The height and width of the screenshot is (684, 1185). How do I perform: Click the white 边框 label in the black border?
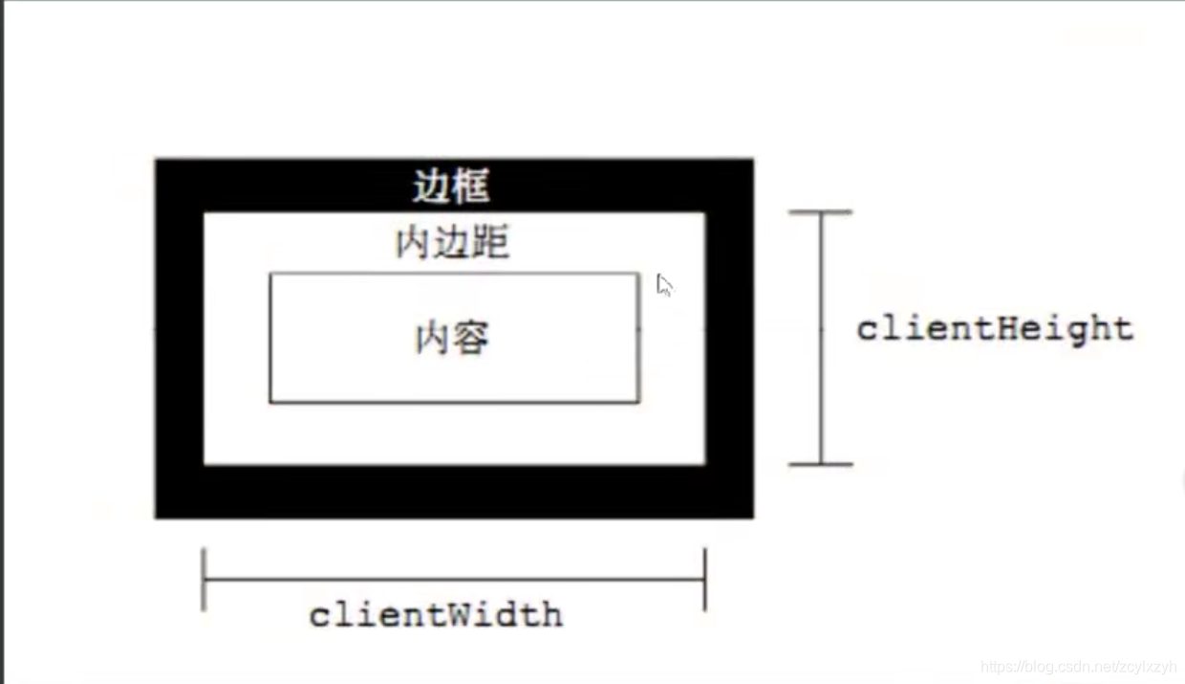click(451, 187)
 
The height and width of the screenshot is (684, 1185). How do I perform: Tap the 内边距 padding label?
click(452, 244)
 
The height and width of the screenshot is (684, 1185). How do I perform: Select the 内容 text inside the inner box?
click(452, 338)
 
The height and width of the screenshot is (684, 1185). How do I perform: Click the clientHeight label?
click(994, 329)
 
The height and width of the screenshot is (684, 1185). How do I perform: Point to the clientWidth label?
click(436, 614)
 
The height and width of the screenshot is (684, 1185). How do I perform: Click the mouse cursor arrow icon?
click(664, 285)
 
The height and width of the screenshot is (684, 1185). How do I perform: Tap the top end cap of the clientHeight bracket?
click(820, 212)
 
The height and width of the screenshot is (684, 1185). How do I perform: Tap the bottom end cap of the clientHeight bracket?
click(820, 464)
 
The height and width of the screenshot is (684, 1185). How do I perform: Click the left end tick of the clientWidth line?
click(204, 579)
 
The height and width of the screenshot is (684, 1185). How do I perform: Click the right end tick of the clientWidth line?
click(705, 579)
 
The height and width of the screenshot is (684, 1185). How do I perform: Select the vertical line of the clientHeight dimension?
click(820, 383)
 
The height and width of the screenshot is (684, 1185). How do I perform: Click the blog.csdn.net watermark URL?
click(1079, 667)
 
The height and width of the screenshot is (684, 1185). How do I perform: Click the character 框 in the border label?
click(470, 187)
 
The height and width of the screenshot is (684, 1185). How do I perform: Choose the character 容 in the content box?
click(470, 338)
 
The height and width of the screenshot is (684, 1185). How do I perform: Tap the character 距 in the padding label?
click(489, 244)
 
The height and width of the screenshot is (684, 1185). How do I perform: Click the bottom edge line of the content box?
click(454, 402)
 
